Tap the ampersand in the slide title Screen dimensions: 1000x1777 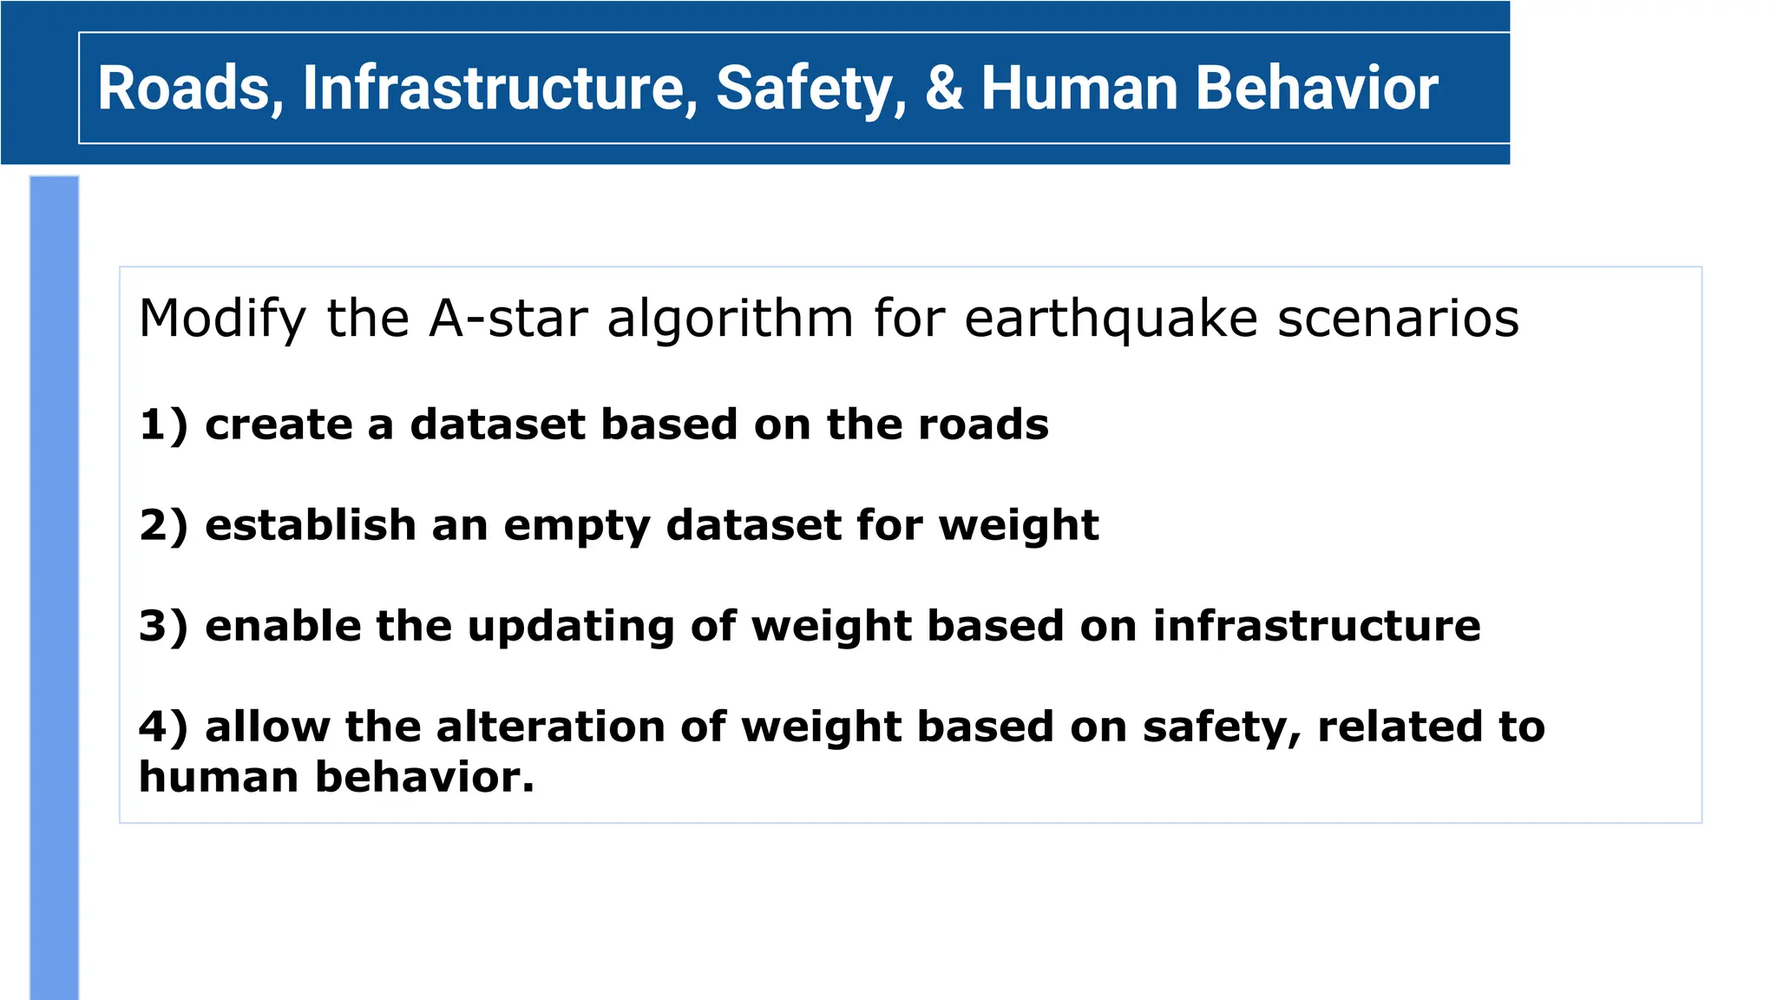click(x=944, y=89)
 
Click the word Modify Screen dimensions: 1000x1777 click(x=222, y=319)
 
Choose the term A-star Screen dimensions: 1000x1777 click(x=508, y=319)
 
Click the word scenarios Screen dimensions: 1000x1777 click(x=1398, y=319)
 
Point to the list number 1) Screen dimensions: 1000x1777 click(x=163, y=425)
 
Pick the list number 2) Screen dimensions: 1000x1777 click(x=163, y=526)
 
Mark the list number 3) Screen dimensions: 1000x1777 click(x=163, y=627)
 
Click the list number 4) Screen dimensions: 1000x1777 click(x=163, y=727)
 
